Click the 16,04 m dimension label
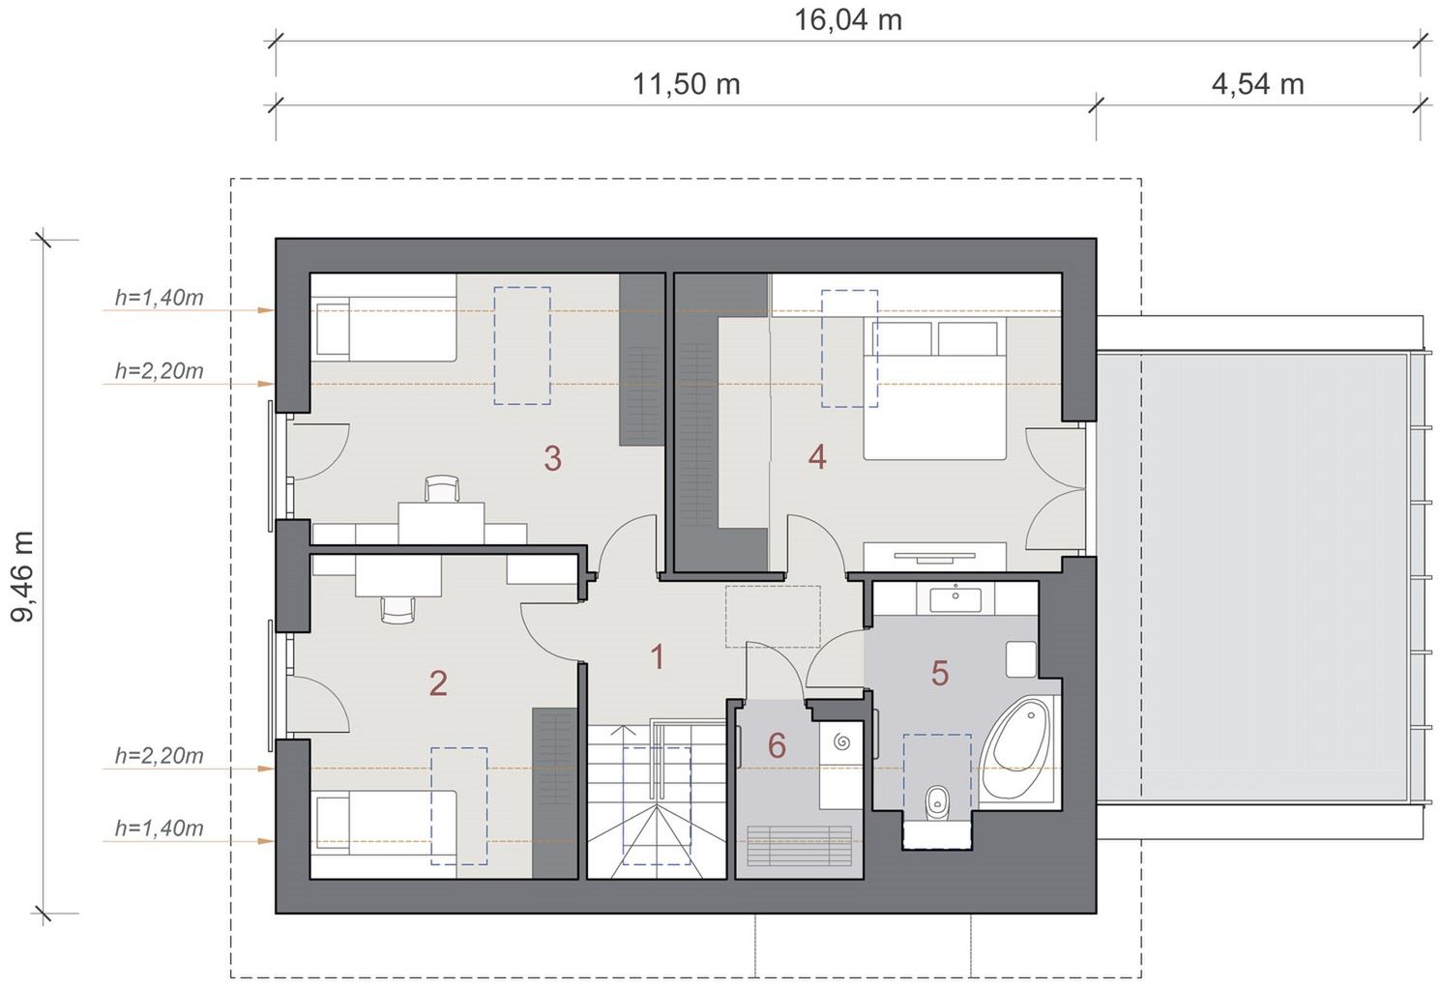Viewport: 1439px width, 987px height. pos(848,19)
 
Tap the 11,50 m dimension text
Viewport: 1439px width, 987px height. pos(686,84)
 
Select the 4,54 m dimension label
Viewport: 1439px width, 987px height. pos(1258,84)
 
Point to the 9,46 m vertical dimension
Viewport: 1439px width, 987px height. pos(21,576)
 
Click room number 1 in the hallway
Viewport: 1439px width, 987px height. pos(657,657)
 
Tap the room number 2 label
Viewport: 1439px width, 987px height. pos(438,683)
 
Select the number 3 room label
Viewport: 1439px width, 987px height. pos(552,458)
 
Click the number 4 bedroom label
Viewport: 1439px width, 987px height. pos(817,456)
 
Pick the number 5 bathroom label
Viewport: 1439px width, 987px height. pos(939,673)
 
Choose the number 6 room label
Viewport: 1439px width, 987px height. pos(777,745)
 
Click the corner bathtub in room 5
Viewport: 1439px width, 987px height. pos(1019,748)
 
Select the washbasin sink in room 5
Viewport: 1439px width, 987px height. pos(955,598)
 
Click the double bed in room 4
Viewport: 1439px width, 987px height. pos(934,389)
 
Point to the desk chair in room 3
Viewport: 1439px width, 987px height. pos(443,489)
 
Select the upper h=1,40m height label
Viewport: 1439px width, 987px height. pos(160,298)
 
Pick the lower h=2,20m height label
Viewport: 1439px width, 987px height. pos(160,755)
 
